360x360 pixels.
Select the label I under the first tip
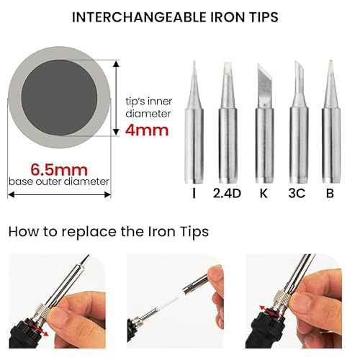(x=194, y=193)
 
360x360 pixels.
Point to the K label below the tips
(x=263, y=193)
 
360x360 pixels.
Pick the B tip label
(x=330, y=193)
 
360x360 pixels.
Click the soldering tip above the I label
(x=194, y=122)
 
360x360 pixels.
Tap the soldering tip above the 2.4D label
(x=227, y=122)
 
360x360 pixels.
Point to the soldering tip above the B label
(x=330, y=122)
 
